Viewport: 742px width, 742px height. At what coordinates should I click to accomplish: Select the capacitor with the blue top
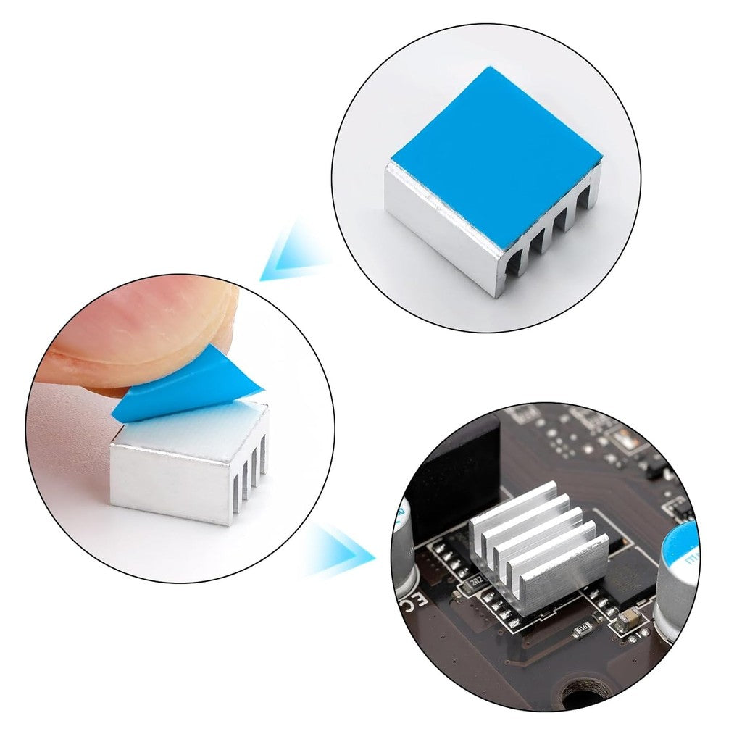(x=678, y=572)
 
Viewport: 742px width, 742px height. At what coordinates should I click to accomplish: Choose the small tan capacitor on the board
(x=629, y=617)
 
